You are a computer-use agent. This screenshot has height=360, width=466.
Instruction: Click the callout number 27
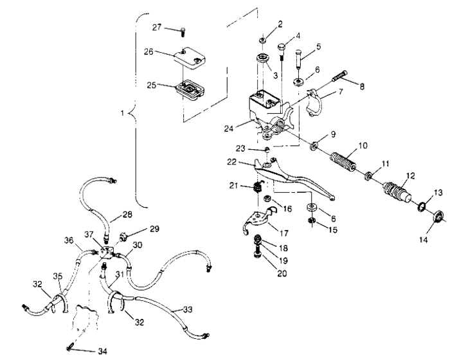click(x=156, y=27)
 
